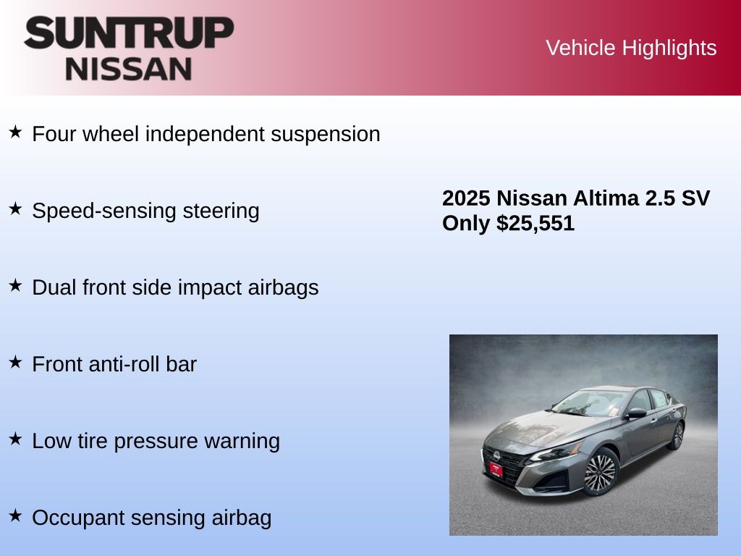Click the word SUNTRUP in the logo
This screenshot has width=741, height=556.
129,33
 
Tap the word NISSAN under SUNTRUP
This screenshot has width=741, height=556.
129,69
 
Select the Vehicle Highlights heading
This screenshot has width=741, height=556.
631,48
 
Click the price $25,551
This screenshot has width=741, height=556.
535,223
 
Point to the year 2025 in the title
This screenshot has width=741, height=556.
466,198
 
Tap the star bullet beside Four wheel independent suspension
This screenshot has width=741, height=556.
16,132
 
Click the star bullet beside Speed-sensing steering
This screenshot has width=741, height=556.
16,208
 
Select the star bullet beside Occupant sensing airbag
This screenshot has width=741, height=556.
16,515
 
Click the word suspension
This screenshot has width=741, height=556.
325,134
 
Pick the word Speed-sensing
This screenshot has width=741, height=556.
104,211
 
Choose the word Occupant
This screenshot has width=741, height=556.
78,518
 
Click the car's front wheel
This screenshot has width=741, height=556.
600,472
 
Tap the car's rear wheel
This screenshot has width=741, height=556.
677,435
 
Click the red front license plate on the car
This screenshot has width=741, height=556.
496,469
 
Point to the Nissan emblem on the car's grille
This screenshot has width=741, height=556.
496,456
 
